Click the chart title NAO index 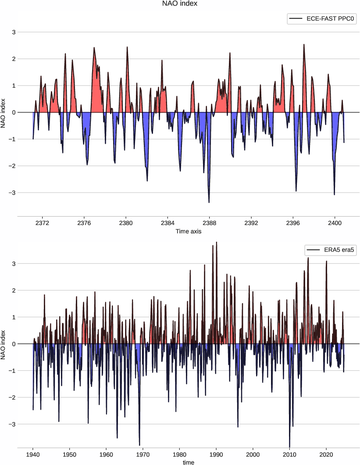click(180, 4)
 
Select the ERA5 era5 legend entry click(330, 250)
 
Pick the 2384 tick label click(168, 222)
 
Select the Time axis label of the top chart click(188, 231)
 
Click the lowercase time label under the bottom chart click(188, 462)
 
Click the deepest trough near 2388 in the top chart click(209, 202)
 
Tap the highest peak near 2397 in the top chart click(304, 44)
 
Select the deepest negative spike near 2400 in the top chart click(334, 194)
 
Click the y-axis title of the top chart click(4, 112)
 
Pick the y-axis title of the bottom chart click(4, 344)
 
